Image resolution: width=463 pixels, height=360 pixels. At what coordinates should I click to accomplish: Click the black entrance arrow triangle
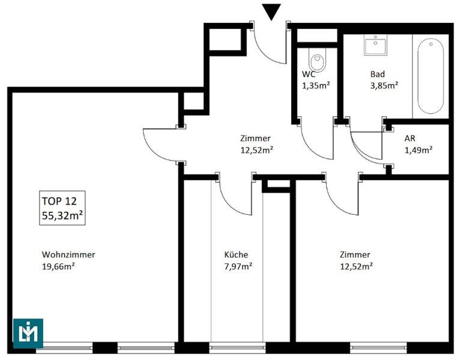[271, 12]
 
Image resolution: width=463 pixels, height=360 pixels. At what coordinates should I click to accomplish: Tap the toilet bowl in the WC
[318, 61]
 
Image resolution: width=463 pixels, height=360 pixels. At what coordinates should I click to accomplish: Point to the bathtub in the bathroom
[431, 76]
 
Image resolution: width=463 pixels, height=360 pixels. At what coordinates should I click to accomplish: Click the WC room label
[309, 74]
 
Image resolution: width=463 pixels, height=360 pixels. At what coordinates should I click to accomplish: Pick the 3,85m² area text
[384, 86]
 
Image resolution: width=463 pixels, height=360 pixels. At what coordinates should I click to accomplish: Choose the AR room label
[410, 138]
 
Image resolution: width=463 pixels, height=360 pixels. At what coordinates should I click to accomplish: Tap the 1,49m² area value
[419, 150]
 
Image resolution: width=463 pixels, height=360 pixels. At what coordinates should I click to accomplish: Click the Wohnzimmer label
[68, 254]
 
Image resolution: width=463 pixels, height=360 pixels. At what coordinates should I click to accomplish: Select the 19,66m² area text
[58, 266]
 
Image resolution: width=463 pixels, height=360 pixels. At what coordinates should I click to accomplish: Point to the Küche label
[236, 254]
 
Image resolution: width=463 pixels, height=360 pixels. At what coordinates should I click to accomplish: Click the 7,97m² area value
[238, 266]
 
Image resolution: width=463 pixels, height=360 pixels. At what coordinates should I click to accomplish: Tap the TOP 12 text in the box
[59, 201]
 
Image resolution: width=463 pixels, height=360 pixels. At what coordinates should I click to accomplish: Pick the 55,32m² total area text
[62, 215]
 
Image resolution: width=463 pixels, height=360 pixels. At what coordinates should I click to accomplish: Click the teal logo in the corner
[28, 334]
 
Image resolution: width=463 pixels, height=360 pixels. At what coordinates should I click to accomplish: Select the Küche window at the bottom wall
[237, 347]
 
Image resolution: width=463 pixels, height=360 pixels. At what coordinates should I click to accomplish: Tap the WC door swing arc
[312, 148]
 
